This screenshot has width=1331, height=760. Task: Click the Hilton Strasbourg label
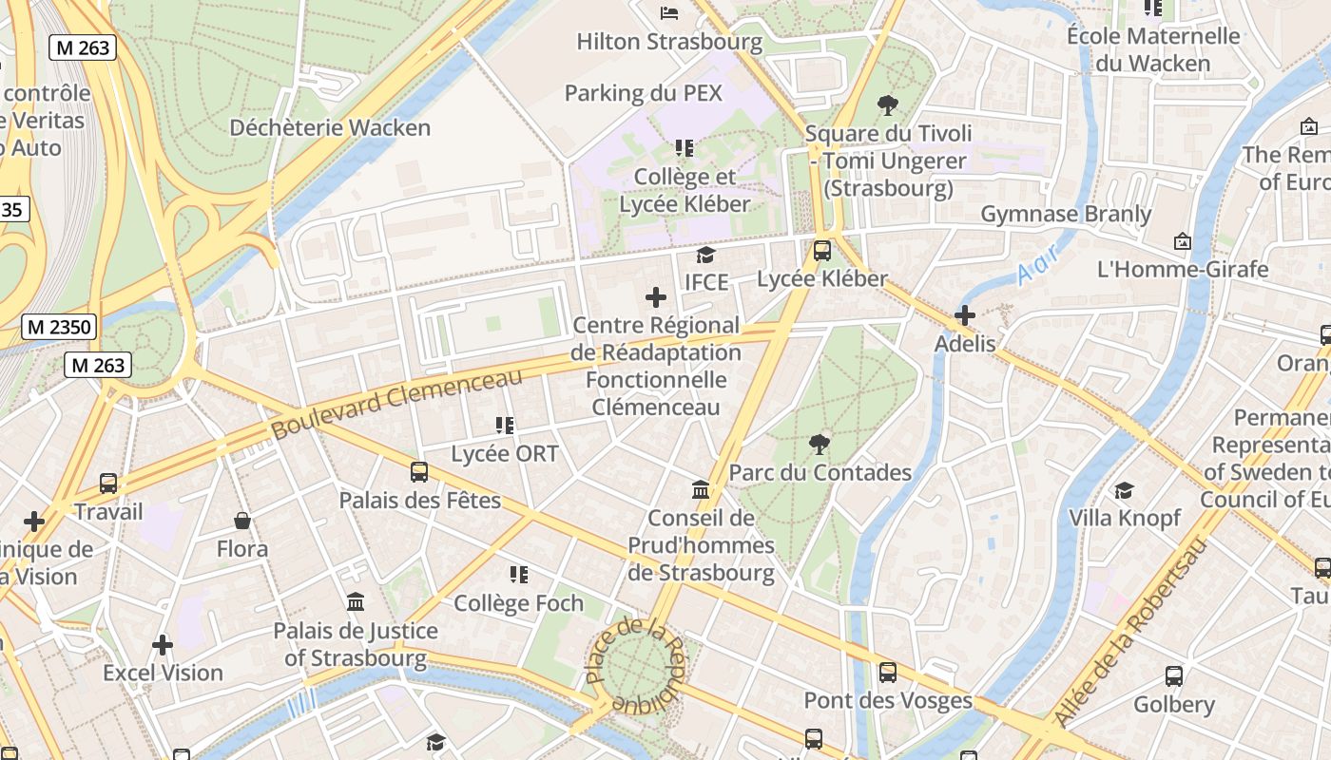click(669, 42)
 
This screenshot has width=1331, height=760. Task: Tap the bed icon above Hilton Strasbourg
click(669, 12)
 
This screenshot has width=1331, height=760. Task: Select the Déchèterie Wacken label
click(330, 127)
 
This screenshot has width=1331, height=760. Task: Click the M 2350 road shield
click(59, 328)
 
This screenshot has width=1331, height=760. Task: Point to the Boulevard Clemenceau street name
click(396, 404)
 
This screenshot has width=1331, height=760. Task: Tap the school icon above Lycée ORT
click(504, 426)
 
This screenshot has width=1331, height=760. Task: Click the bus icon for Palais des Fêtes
click(419, 471)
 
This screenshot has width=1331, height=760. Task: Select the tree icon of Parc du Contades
click(819, 444)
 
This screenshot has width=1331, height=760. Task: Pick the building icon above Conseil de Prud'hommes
click(701, 489)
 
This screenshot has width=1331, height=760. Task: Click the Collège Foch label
click(518, 603)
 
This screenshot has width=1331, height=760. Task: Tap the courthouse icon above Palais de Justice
click(356, 601)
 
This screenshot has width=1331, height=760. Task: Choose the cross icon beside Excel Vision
click(163, 645)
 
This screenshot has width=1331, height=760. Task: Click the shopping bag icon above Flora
click(242, 521)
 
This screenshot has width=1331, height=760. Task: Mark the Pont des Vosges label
click(888, 701)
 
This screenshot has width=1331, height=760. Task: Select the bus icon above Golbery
click(1174, 676)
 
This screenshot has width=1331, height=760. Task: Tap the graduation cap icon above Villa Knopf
click(1125, 490)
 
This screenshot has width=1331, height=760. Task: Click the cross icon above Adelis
click(965, 315)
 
